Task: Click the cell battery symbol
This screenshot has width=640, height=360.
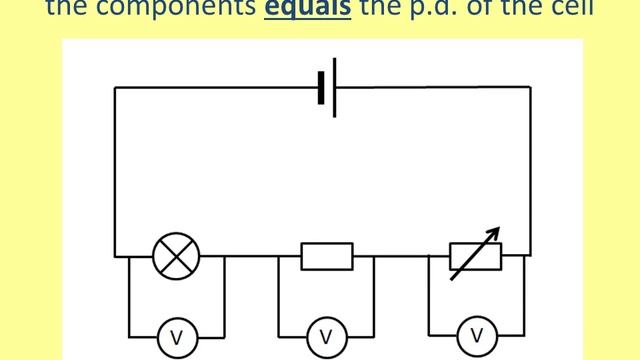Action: pos(328,87)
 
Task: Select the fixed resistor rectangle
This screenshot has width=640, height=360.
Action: pos(327,256)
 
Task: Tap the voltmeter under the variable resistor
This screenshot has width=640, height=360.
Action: pos(477,334)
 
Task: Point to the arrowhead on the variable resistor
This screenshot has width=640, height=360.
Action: pos(495,233)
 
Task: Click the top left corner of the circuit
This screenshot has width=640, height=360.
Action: pos(115,88)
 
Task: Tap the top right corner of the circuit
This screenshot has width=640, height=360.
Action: pos(530,88)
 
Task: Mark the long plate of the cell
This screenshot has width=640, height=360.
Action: pos(334,87)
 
